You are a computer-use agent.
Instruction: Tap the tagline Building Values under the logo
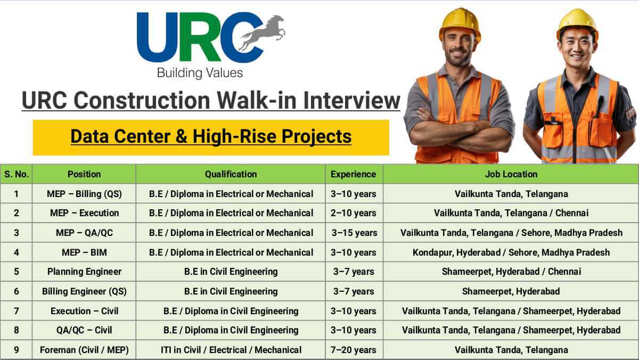click(200, 72)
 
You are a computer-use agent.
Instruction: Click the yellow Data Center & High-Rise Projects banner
click(211, 137)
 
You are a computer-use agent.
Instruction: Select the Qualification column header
click(231, 174)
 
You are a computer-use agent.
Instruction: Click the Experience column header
click(354, 174)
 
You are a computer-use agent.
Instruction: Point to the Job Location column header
click(511, 174)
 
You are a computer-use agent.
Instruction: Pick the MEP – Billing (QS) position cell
click(84, 194)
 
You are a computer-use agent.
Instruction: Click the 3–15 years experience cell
click(354, 233)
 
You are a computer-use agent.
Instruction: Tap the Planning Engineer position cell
click(84, 272)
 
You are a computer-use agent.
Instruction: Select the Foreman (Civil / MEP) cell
click(84, 350)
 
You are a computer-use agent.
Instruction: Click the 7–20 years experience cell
click(354, 350)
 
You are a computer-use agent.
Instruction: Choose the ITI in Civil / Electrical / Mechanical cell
click(231, 350)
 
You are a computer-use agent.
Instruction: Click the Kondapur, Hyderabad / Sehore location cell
click(511, 252)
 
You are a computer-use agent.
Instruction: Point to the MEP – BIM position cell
click(84, 252)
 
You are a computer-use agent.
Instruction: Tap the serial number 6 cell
click(17, 291)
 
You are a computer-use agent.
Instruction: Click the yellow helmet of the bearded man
click(460, 24)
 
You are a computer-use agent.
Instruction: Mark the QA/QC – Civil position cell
click(84, 330)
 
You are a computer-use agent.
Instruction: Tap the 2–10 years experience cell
click(354, 213)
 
